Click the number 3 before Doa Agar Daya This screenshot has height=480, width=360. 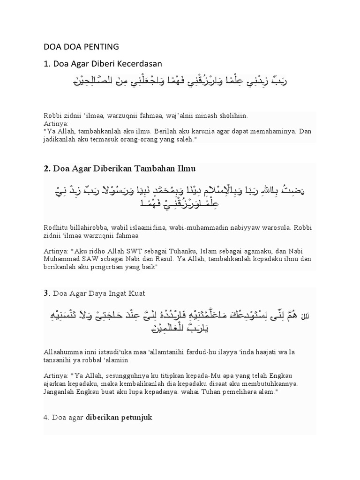pos(46,293)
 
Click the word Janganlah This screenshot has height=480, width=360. pos(60,391)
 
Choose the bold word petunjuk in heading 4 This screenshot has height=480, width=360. pos(136,417)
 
